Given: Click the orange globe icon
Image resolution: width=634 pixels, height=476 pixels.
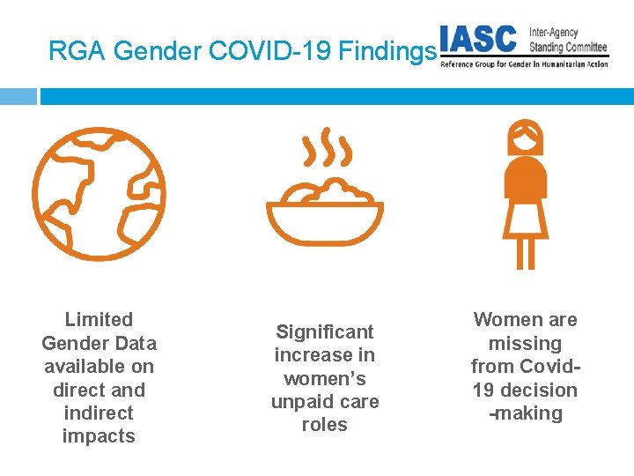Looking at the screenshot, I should [x=99, y=193].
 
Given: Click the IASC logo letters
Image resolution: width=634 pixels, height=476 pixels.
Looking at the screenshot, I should [x=479, y=40].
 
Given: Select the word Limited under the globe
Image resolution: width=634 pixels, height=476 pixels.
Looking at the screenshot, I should [x=99, y=320].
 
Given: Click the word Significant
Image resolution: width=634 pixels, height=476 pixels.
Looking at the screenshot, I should [x=325, y=332].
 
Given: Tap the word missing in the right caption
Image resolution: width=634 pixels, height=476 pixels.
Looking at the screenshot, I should [x=525, y=344].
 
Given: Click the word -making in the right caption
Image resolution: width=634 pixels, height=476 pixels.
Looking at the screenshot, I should [x=525, y=413].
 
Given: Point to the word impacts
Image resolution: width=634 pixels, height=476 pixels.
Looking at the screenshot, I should [x=99, y=436].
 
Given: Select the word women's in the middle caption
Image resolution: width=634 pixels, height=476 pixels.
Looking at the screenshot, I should [x=325, y=379].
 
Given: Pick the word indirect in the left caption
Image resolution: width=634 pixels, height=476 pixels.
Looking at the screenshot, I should [x=99, y=413].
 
